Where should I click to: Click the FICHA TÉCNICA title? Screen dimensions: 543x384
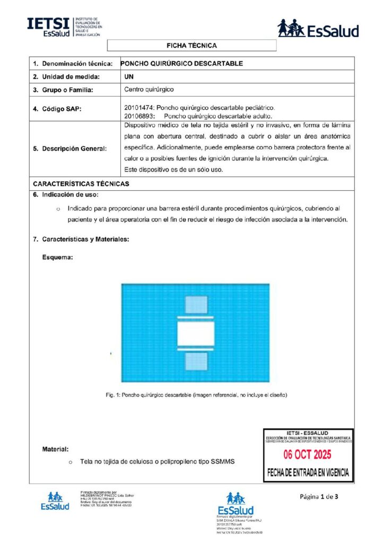[x=191, y=46]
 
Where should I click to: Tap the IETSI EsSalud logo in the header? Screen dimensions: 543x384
[x=65, y=27]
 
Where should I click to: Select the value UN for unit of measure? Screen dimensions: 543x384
[x=128, y=76]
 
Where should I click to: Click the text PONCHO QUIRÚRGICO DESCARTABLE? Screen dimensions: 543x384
[x=182, y=63]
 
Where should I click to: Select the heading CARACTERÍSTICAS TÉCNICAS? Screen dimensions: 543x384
[x=81, y=184]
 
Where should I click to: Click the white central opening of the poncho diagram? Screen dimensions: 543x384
[x=195, y=334]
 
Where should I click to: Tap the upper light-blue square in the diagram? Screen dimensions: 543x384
[x=196, y=305]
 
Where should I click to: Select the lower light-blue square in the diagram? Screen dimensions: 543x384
[x=196, y=362]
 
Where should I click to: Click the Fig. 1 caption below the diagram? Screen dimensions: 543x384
[x=196, y=395]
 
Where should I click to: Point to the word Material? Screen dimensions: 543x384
[x=55, y=450]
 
